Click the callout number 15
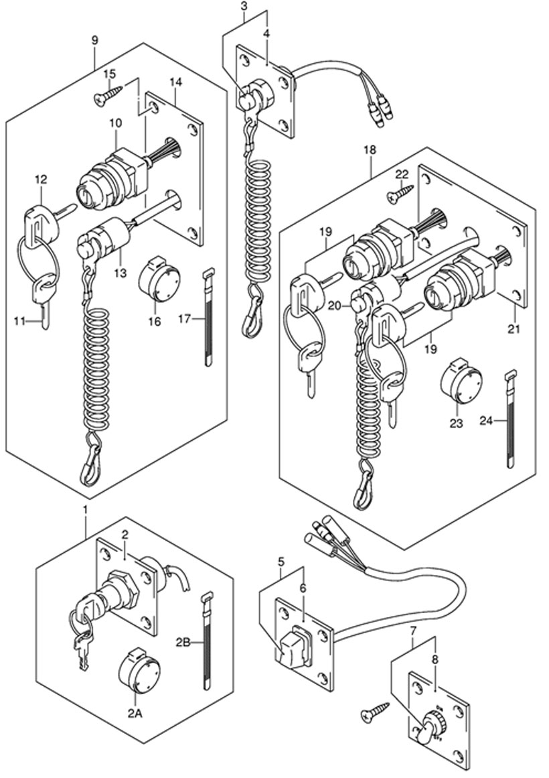pos(110,74)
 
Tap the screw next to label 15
pos(108,94)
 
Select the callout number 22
pos(402,174)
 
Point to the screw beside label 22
pos(400,194)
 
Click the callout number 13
pos(120,273)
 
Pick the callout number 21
pos(514,328)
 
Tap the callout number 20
pos(349,307)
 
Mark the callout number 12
pos(41,179)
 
